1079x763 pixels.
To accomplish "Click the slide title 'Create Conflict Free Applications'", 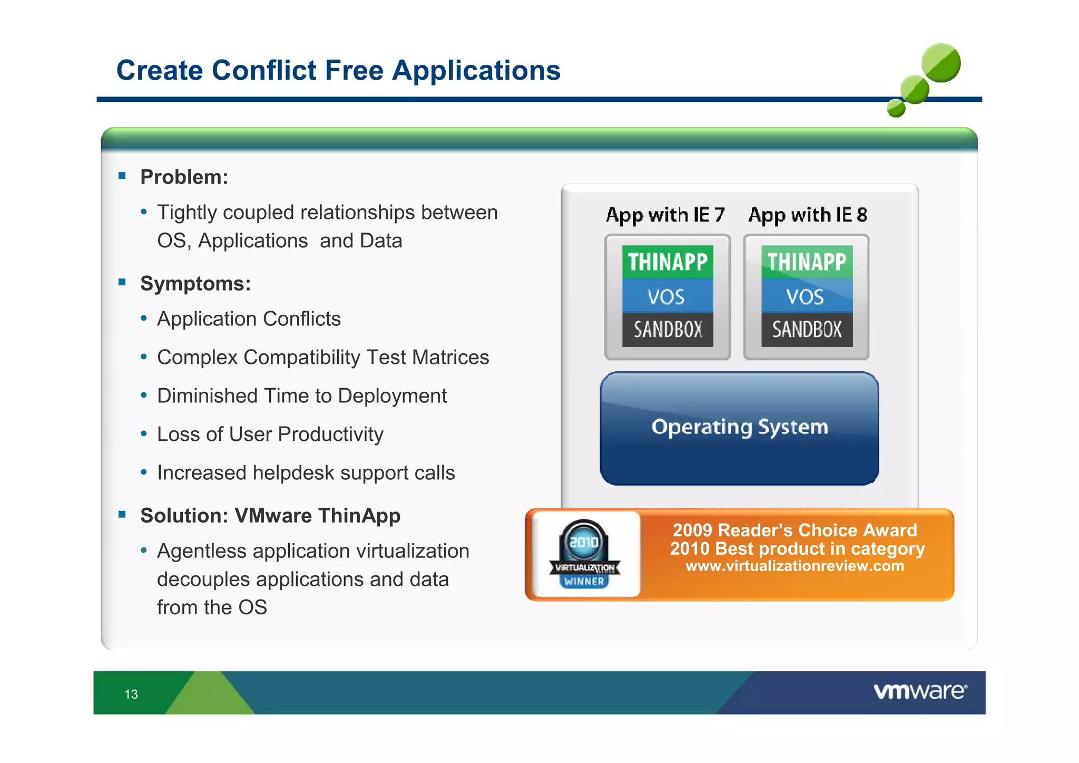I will pyautogui.click(x=338, y=70).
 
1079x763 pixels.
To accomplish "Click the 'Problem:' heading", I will pyautogui.click(x=184, y=177).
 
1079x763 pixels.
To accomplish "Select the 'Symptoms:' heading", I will pyautogui.click(x=195, y=284).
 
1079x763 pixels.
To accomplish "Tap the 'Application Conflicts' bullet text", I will pyautogui.click(x=249, y=319).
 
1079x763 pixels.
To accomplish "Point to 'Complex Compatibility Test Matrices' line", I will pyautogui.click(x=323, y=358).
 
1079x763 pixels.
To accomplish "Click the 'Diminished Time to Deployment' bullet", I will pyautogui.click(x=301, y=396).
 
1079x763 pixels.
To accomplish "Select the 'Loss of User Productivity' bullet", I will pyautogui.click(x=270, y=434).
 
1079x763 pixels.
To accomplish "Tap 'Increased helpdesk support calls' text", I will pyautogui.click(x=306, y=473).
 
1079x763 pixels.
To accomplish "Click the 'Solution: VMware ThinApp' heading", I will pyautogui.click(x=270, y=516).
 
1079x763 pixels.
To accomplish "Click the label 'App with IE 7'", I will pyautogui.click(x=665, y=215).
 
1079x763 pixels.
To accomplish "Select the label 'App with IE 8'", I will pyautogui.click(x=807, y=215).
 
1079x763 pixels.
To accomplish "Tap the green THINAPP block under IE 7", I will pyautogui.click(x=668, y=262).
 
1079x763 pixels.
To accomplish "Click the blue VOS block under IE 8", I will pyautogui.click(x=806, y=296).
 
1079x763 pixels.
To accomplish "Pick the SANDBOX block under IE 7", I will pyautogui.click(x=668, y=330).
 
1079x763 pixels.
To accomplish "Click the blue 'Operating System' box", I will pyautogui.click(x=739, y=428).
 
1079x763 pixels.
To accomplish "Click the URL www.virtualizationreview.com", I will pyautogui.click(x=794, y=566).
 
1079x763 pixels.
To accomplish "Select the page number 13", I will pyautogui.click(x=131, y=694).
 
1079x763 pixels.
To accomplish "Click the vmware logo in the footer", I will pyautogui.click(x=920, y=691).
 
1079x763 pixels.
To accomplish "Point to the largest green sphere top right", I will pyautogui.click(x=941, y=63).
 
